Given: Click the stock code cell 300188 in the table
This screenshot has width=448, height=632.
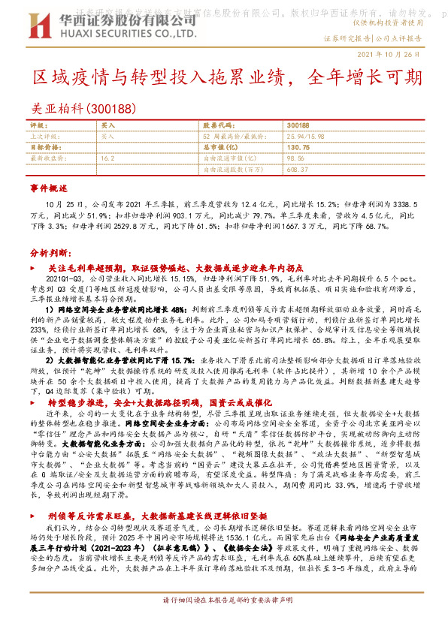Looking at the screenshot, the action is point(298,125).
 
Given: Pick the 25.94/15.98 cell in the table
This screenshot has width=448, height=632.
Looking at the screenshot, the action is point(303,137).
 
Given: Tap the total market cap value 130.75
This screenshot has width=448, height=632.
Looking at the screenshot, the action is point(298,148).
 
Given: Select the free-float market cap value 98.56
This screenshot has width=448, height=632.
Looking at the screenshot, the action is point(295,159).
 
